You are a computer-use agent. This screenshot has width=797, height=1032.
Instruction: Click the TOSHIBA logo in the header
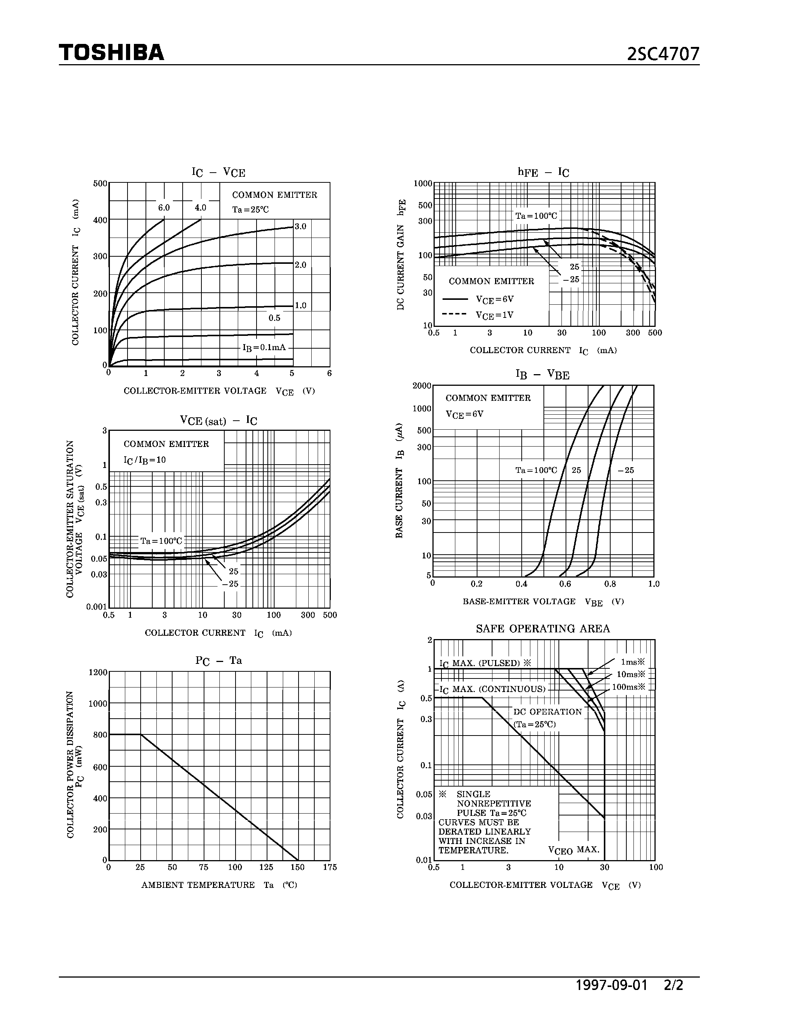point(111,53)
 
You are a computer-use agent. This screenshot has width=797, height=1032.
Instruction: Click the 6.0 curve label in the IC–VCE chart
point(164,208)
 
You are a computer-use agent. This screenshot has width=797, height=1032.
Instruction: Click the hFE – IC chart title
point(543,172)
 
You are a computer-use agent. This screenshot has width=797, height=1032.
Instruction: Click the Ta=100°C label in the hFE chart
point(536,216)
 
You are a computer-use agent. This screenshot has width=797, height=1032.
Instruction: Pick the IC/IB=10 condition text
point(145,460)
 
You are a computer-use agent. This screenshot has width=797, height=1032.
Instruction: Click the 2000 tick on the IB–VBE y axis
point(422,385)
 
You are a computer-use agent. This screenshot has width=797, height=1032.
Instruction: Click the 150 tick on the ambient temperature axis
point(297,867)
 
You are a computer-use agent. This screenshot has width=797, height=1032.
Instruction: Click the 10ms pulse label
point(631,674)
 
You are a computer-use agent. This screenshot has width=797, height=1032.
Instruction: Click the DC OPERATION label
point(548,712)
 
